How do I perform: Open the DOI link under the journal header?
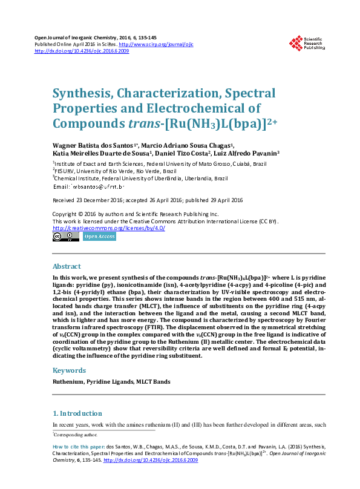[82, 51]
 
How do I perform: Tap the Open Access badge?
[99, 237]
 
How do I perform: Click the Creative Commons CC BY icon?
[66, 237]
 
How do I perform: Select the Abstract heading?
[67, 266]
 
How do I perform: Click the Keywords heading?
[69, 370]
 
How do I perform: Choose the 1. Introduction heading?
[77, 413]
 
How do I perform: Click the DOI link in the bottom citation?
[151, 461]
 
